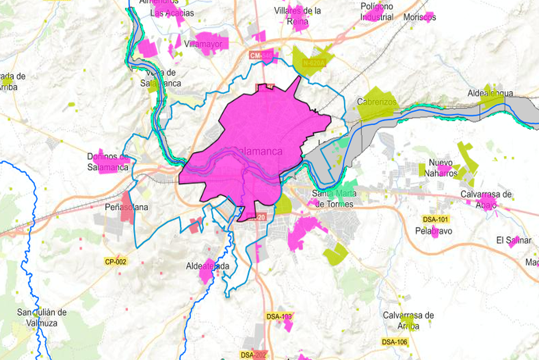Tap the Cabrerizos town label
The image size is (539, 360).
377,102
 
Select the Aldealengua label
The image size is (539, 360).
490,93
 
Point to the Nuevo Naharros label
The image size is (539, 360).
442,167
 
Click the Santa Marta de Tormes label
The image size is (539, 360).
335,198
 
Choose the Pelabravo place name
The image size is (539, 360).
433,231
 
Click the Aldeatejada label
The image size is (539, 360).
208,266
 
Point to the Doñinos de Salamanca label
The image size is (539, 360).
108,162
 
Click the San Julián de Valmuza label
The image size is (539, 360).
42,317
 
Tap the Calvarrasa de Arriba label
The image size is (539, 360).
408,320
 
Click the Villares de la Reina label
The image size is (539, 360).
297,16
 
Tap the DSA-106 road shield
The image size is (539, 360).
395,342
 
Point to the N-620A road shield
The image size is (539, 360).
314,63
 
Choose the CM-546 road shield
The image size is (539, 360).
261,55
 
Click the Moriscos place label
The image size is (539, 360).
420,17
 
